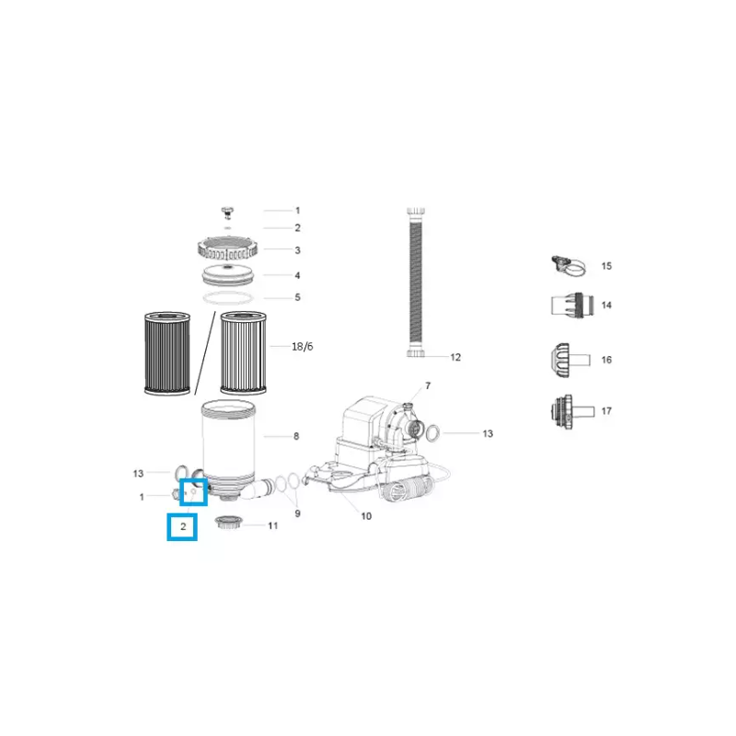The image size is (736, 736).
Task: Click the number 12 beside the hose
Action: click(455, 357)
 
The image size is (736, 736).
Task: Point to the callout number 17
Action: click(606, 411)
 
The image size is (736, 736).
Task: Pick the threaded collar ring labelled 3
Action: click(226, 248)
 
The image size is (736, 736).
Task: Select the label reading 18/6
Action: click(301, 347)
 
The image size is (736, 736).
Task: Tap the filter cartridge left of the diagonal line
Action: click(167, 353)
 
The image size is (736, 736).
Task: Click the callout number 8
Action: click(296, 436)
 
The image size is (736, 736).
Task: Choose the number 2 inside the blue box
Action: click(183, 527)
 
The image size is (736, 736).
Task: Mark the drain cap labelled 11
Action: click(227, 524)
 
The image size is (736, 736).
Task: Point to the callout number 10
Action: click(366, 516)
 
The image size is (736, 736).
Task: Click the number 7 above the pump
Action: click(428, 385)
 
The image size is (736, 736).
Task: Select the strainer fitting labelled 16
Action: click(562, 359)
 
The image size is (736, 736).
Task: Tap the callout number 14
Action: click(606, 305)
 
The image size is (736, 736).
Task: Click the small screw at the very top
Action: click(225, 211)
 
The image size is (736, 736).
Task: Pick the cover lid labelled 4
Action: click(225, 274)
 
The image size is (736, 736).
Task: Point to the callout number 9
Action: click(297, 513)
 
